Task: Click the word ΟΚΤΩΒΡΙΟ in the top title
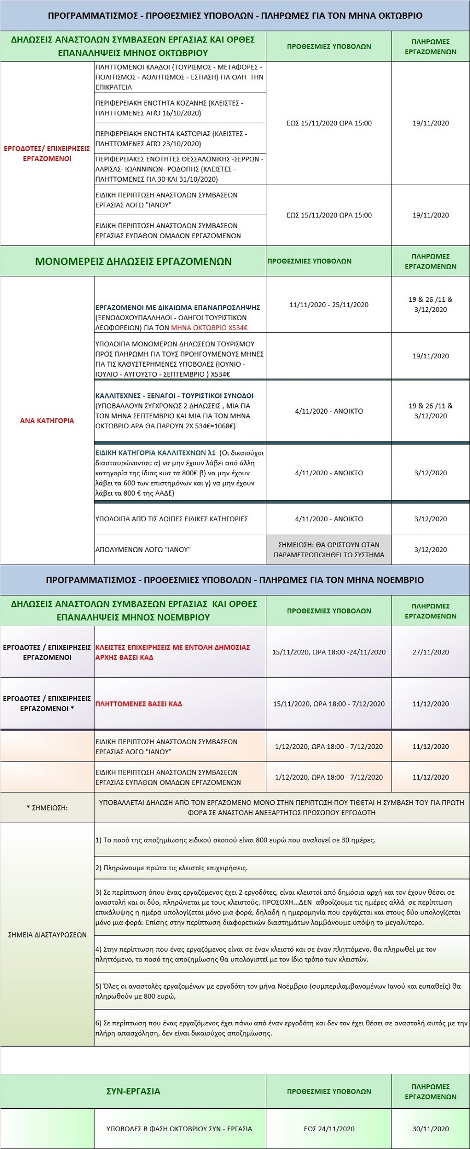[397, 16]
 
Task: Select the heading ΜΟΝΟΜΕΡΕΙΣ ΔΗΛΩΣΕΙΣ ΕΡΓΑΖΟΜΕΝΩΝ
[133, 261]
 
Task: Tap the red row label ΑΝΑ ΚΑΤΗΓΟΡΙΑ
[47, 420]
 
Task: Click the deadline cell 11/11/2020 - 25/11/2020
[329, 304]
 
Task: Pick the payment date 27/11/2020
[430, 652]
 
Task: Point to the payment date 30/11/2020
[430, 1129]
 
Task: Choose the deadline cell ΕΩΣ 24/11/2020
[329, 1129]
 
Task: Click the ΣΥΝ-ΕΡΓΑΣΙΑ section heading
[133, 1091]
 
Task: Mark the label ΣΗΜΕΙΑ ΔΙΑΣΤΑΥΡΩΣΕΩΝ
[47, 935]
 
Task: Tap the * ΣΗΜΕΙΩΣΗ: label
[47, 807]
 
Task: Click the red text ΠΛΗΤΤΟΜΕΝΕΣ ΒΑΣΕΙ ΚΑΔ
[138, 704]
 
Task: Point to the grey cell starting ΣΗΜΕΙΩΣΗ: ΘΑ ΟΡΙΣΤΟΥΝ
[329, 549]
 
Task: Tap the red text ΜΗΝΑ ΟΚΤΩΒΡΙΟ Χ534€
[209, 327]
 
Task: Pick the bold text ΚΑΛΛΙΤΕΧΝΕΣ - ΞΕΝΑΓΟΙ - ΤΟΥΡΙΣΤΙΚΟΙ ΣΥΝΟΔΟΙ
[174, 395]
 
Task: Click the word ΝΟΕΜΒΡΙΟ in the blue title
[399, 580]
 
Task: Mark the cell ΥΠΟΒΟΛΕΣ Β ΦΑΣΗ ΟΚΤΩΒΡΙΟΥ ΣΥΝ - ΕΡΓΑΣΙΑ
[179, 1129]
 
